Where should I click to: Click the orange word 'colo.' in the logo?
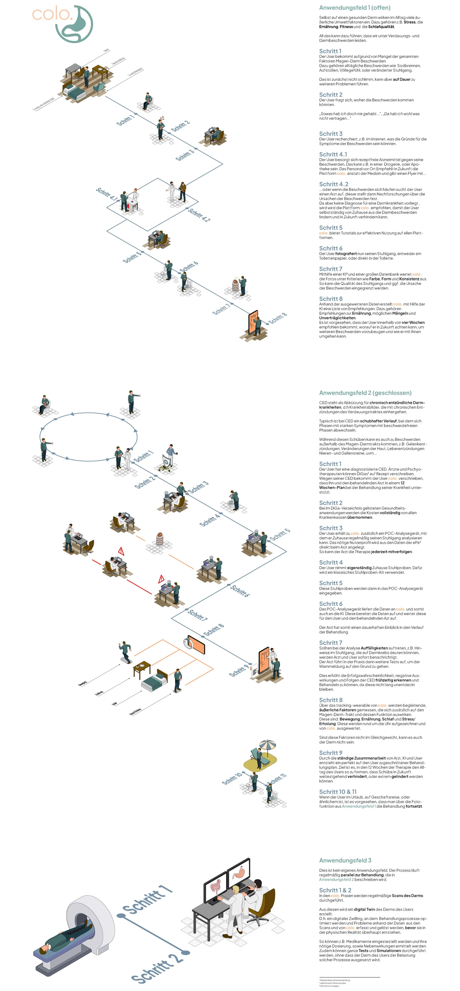click(52, 15)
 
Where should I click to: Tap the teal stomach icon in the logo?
click(75, 24)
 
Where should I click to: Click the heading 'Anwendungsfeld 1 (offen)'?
click(355, 8)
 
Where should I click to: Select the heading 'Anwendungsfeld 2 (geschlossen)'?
click(365, 393)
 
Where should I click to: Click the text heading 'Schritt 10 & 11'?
click(338, 792)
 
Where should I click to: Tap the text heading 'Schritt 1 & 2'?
click(335, 890)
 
